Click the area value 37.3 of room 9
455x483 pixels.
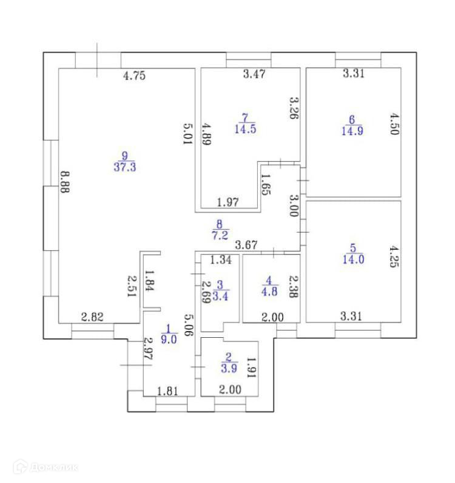[124, 166]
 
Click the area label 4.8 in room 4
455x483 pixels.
[269, 289]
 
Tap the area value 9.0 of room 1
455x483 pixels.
[169, 340]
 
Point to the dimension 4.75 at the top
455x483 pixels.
[135, 76]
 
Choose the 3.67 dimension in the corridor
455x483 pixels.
[246, 245]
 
